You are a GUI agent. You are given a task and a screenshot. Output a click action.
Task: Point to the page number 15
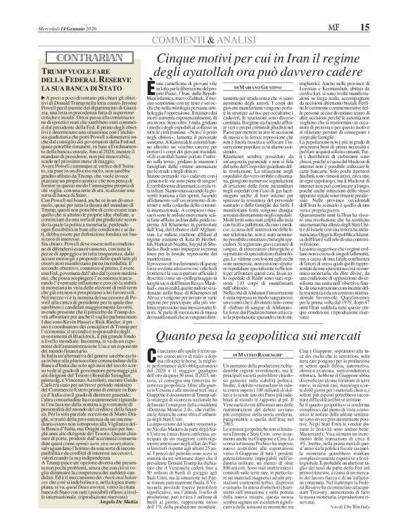[x=386, y=7]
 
